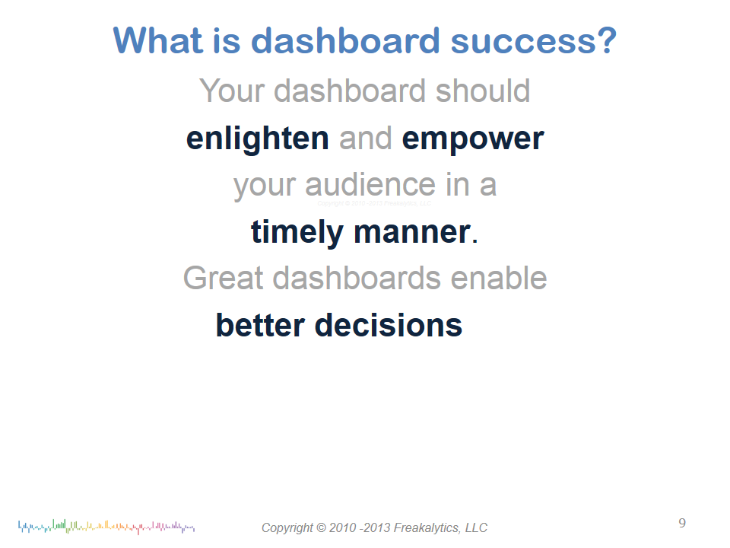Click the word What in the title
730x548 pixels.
coord(158,40)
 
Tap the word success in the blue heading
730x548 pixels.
coord(523,40)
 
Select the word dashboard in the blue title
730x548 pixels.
coord(345,40)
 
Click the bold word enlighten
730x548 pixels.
coord(258,139)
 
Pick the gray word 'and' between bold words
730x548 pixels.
coord(366,139)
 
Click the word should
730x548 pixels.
coord(483,91)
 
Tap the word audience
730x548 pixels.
coord(370,185)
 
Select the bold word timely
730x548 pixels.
coord(297,233)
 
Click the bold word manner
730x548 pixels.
coord(412,232)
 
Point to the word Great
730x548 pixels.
coord(224,279)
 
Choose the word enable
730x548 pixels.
coord(499,278)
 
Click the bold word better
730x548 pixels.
coord(260,325)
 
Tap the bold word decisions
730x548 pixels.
coord(389,325)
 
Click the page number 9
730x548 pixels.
coord(682,524)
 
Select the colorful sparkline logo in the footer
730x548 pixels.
coord(106,527)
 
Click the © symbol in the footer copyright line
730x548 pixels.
coord(321,528)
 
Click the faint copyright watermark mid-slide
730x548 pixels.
coord(374,203)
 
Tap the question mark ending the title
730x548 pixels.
coord(608,40)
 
